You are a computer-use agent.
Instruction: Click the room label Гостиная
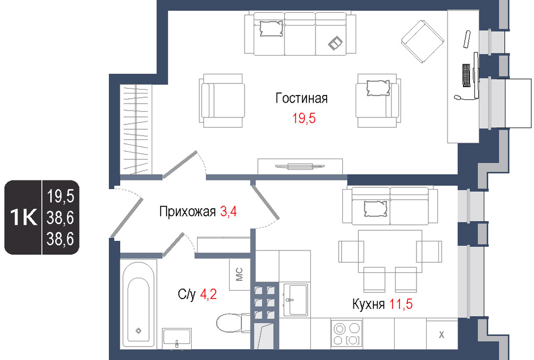coord(301,98)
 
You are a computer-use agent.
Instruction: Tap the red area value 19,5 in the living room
coord(304,119)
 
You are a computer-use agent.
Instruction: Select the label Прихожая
coord(187,212)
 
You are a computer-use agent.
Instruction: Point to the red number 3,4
coord(229,212)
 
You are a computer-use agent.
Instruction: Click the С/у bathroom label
coord(186,294)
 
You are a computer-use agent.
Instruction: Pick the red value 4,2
coord(208,294)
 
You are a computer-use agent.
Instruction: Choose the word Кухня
coord(368,304)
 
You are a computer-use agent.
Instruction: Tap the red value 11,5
coord(401,304)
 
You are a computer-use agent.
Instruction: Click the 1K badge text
coord(23,217)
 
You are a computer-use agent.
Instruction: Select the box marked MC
coord(240,274)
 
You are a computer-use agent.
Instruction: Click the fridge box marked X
coord(442,334)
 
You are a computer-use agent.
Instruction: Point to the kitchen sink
coord(295,300)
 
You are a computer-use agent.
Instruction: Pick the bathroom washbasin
coord(176,338)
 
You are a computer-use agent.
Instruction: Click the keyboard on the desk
coord(466,75)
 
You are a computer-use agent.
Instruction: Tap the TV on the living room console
coord(300,167)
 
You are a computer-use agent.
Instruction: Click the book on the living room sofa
coord(335,43)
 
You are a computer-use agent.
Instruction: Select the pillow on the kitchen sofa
coord(375,209)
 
